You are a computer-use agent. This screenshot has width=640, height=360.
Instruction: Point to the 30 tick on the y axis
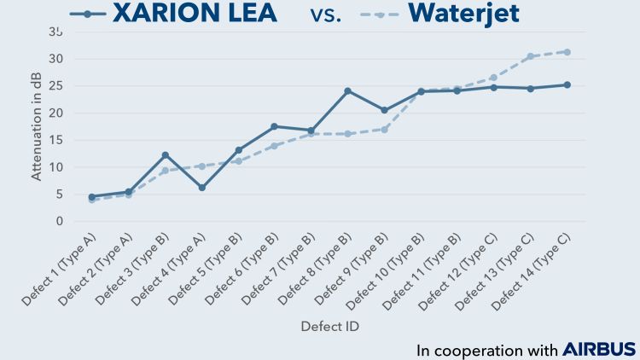click(57, 59)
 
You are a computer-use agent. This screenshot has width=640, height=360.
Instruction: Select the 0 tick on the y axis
click(60, 221)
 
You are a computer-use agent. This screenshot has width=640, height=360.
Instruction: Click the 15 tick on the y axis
click(57, 140)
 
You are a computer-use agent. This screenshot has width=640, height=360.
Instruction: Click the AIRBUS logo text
click(599, 350)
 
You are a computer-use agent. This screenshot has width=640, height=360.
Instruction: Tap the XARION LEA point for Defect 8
click(348, 91)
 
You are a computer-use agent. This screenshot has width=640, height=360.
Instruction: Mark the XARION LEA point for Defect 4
click(202, 188)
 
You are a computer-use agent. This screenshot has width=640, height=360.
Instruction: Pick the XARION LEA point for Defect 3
click(166, 155)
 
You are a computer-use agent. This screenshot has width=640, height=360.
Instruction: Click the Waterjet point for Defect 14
click(567, 52)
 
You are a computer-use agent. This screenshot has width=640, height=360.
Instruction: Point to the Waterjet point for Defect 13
click(530, 56)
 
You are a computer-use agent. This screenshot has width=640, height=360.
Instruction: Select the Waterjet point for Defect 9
click(385, 130)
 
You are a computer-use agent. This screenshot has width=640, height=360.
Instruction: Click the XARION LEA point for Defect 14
click(567, 84)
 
